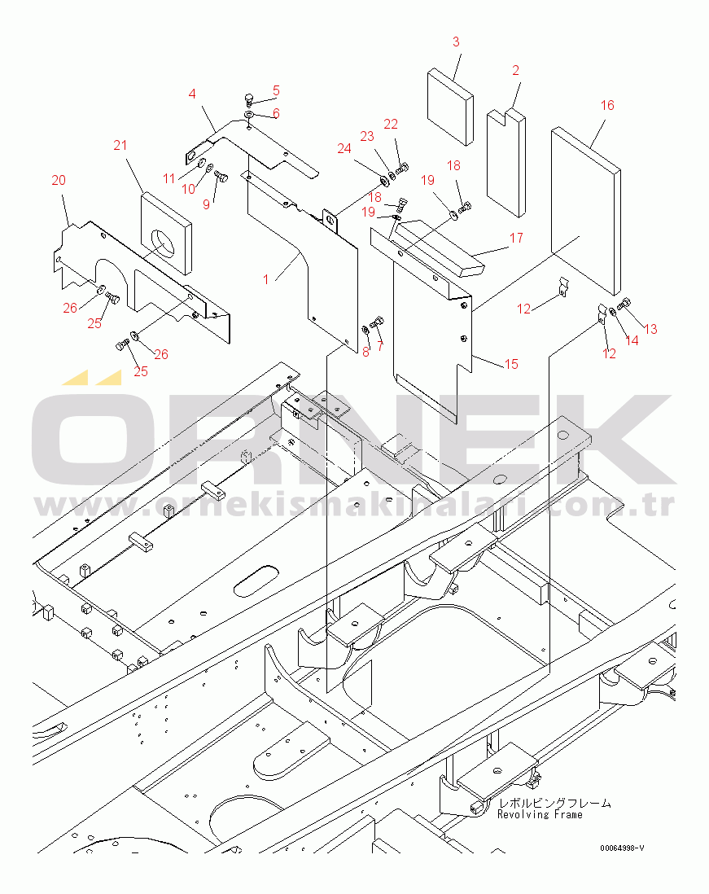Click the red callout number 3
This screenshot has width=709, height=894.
456,42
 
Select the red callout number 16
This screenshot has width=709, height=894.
607,105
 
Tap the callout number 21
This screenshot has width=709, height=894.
120,145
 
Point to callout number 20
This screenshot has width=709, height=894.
59,180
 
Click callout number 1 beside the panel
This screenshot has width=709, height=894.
265,279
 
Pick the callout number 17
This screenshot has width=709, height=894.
516,238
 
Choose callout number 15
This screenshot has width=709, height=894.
511,364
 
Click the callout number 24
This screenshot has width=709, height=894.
344,148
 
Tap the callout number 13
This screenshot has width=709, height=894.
650,328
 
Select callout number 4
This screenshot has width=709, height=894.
192,94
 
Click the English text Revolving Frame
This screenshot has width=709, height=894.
540,815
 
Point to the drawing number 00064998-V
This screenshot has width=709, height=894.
622,848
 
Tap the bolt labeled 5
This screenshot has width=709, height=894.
249,99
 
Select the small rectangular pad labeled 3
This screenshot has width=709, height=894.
450,107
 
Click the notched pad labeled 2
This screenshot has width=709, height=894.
506,163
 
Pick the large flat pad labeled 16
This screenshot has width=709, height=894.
585,210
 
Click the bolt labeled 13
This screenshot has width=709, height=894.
624,304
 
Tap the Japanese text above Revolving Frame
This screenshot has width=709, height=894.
555,803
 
